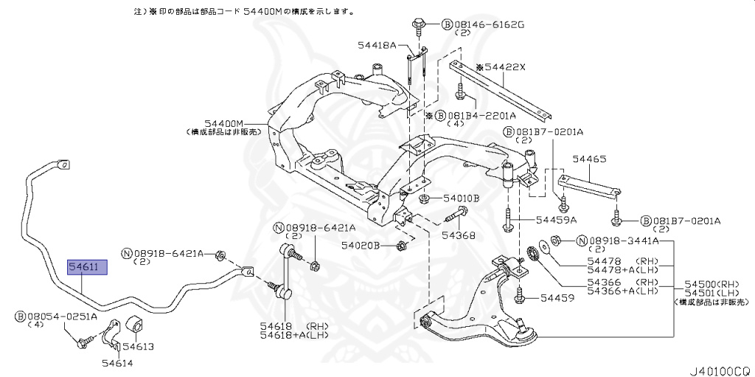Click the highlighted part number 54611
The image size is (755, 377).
point(87,267)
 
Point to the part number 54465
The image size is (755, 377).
point(589,159)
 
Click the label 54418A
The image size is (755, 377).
point(378,46)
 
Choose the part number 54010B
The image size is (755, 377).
point(462,198)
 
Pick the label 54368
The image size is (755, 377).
point(458,236)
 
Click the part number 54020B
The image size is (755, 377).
point(361,245)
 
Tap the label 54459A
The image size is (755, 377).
point(556,220)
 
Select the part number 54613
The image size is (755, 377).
point(138,346)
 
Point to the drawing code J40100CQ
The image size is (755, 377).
point(718,367)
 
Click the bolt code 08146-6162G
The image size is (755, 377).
point(489,24)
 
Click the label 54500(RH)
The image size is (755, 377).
point(711,284)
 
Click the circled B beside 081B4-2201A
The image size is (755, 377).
point(440,116)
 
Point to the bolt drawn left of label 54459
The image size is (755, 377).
point(521,297)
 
